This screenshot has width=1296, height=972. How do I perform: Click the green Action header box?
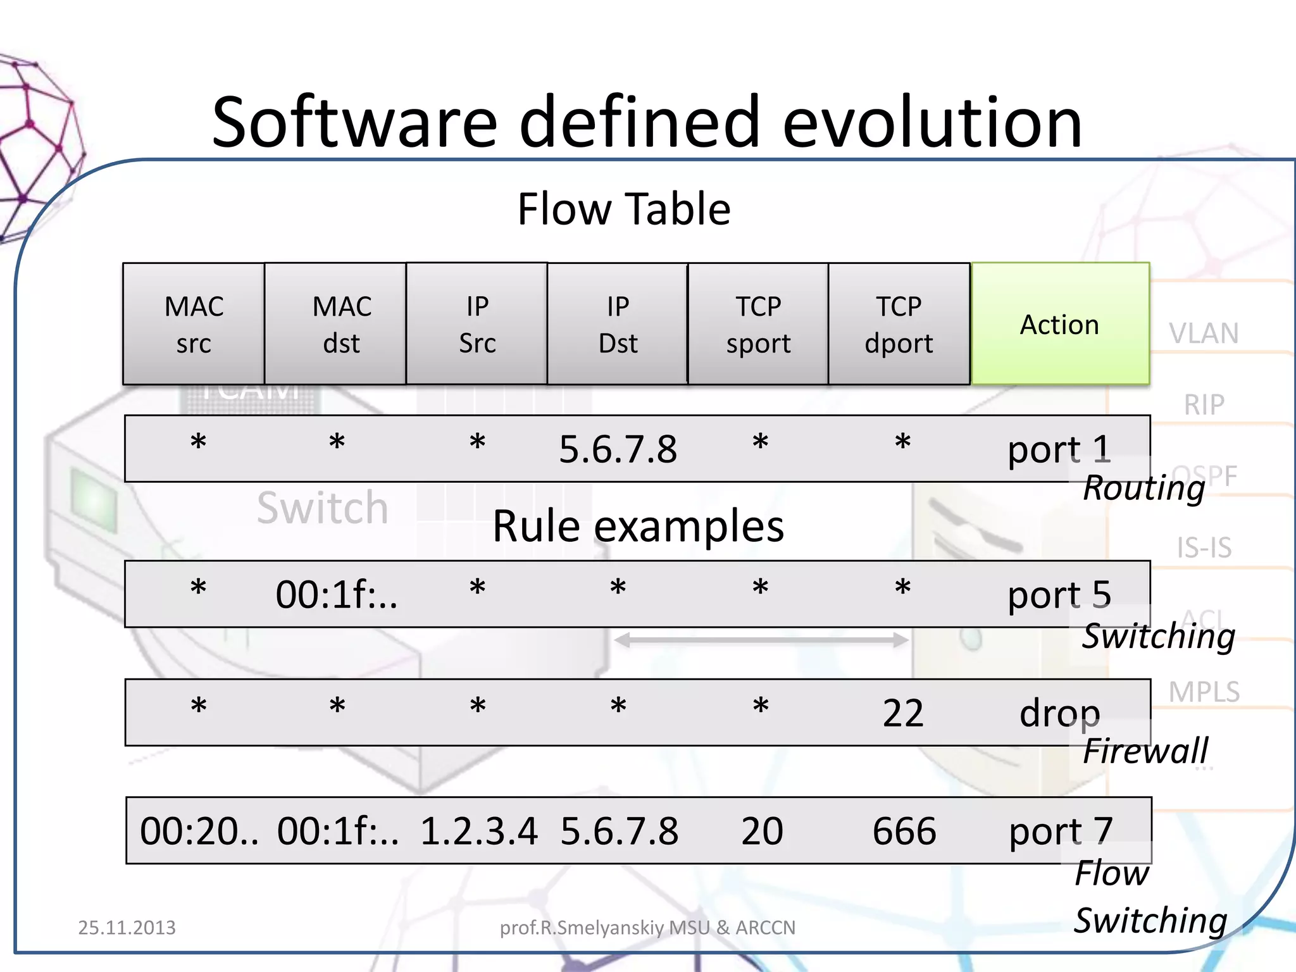[x=1060, y=324]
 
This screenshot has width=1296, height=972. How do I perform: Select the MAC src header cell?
[x=194, y=324]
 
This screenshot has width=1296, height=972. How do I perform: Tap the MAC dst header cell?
[x=335, y=324]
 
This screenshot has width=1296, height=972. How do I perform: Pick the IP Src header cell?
[x=477, y=324]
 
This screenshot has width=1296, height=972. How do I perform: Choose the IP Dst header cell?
[x=618, y=324]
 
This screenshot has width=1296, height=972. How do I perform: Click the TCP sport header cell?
[x=758, y=324]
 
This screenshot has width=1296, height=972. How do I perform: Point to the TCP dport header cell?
[x=899, y=324]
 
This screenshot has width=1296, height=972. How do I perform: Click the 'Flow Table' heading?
[x=624, y=209]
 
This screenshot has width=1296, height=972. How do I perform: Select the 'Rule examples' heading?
[x=638, y=526]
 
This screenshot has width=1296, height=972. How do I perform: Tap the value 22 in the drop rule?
[x=903, y=713]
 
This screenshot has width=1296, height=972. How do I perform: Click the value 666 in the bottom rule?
[x=904, y=831]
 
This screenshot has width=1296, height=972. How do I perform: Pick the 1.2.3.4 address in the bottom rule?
[x=478, y=831]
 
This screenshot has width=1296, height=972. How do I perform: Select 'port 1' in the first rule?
[x=1059, y=449]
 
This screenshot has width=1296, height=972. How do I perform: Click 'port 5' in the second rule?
[x=1059, y=595]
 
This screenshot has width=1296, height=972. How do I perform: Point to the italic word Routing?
[x=1144, y=488]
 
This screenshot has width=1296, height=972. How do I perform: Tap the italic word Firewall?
[x=1145, y=751]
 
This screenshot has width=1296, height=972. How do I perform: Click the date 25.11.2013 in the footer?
[x=127, y=928]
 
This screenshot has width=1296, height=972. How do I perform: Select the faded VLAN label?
[x=1204, y=333]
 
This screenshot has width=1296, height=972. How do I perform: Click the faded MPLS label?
[x=1204, y=692]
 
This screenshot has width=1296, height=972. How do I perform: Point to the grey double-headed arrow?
[x=761, y=640]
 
